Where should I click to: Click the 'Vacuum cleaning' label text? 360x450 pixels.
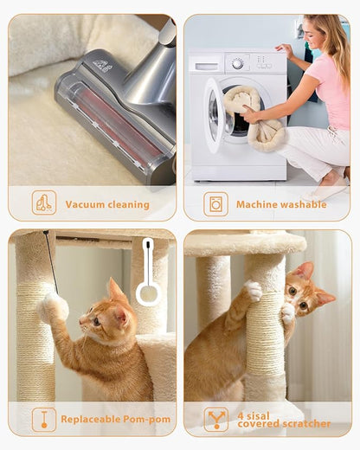pyautogui.click(x=107, y=205)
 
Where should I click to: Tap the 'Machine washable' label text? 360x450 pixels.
pyautogui.click(x=281, y=205)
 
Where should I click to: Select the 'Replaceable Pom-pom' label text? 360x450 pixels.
pyautogui.click(x=115, y=420)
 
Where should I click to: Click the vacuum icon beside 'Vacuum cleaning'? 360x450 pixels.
pyautogui.click(x=43, y=203)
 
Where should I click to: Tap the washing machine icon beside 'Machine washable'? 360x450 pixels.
pyautogui.click(x=215, y=203)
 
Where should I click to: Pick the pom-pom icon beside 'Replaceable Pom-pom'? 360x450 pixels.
pyautogui.click(x=43, y=419)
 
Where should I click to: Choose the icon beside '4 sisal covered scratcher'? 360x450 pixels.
pyautogui.click(x=215, y=419)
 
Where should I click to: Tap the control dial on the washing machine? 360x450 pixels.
pyautogui.click(x=236, y=62)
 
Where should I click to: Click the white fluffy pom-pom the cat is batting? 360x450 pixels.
pyautogui.click(x=54, y=306)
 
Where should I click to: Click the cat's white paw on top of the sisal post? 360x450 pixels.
pyautogui.click(x=252, y=291)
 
